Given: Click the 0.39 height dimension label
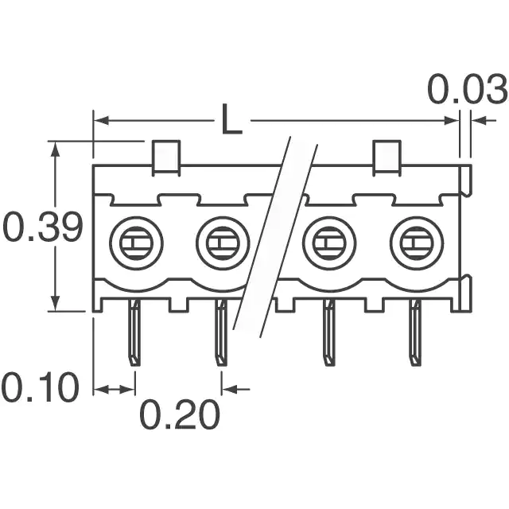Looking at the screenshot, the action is click(42, 227).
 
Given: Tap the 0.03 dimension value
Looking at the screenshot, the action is click(468, 89).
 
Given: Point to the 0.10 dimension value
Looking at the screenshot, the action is click(41, 387).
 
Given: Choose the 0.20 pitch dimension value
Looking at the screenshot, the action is click(180, 415).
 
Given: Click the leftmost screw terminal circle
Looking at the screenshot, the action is click(136, 243).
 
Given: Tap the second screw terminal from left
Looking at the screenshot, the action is click(223, 243).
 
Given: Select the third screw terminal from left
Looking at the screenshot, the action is click(329, 243).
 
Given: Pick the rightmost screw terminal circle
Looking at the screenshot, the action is click(417, 243).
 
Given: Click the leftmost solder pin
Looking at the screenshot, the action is click(134, 332).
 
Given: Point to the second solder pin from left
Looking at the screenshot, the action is click(221, 332).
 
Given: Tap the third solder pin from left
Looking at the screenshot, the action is click(328, 332).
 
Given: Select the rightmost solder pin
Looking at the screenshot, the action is click(415, 332).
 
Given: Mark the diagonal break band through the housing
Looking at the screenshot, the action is click(275, 237).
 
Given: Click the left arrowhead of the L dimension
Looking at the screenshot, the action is click(101, 121).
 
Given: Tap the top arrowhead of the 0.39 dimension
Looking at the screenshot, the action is click(56, 149).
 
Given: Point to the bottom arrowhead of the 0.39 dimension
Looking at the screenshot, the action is click(56, 304).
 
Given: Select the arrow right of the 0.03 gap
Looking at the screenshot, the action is click(484, 121).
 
